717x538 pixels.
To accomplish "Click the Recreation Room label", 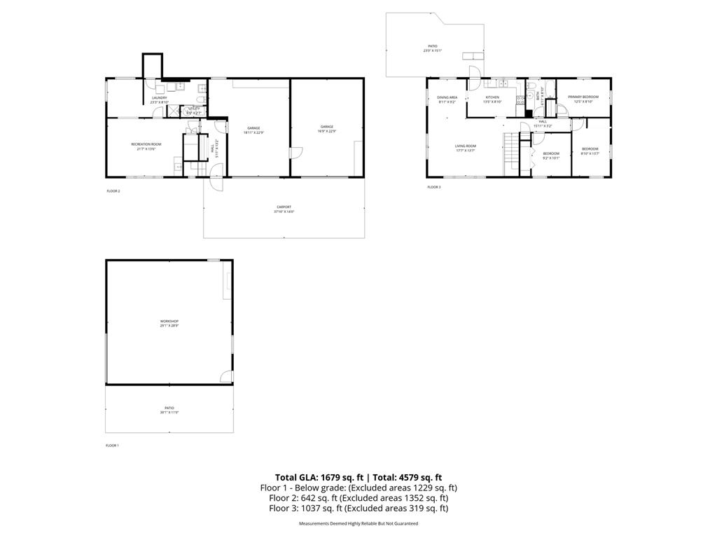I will (x=146, y=144).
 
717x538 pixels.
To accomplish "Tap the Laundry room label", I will (x=160, y=97).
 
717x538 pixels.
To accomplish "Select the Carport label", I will (x=284, y=207).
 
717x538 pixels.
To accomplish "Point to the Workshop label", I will (x=169, y=321).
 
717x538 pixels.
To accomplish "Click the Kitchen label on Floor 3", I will (x=493, y=97).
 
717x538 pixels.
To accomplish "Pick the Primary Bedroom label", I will (x=583, y=97).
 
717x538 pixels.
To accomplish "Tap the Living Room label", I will (x=466, y=146).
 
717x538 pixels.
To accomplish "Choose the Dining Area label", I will (x=447, y=97).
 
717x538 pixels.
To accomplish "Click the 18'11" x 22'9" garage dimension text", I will (x=253, y=132).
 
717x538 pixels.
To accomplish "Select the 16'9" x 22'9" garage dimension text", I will (x=327, y=132).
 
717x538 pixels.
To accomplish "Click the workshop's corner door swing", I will (x=226, y=377).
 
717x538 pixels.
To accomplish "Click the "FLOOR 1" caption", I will (x=113, y=446).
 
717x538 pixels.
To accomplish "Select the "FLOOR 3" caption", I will (x=434, y=187).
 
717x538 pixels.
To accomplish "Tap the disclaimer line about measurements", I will (x=358, y=524).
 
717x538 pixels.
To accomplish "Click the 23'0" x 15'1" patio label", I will (x=433, y=48).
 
